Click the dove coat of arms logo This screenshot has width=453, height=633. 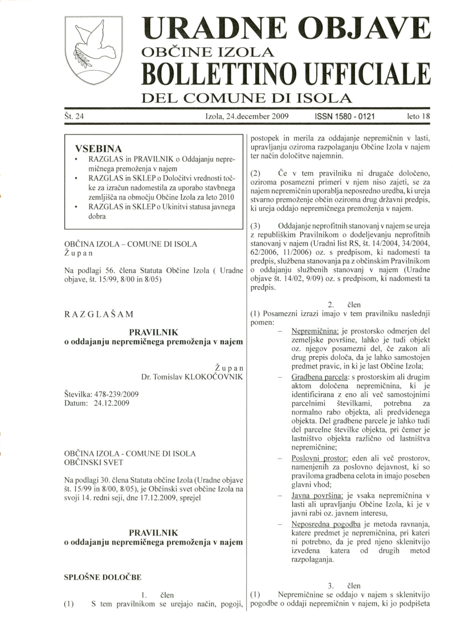coord(93,50)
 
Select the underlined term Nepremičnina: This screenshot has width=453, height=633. coord(315,331)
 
